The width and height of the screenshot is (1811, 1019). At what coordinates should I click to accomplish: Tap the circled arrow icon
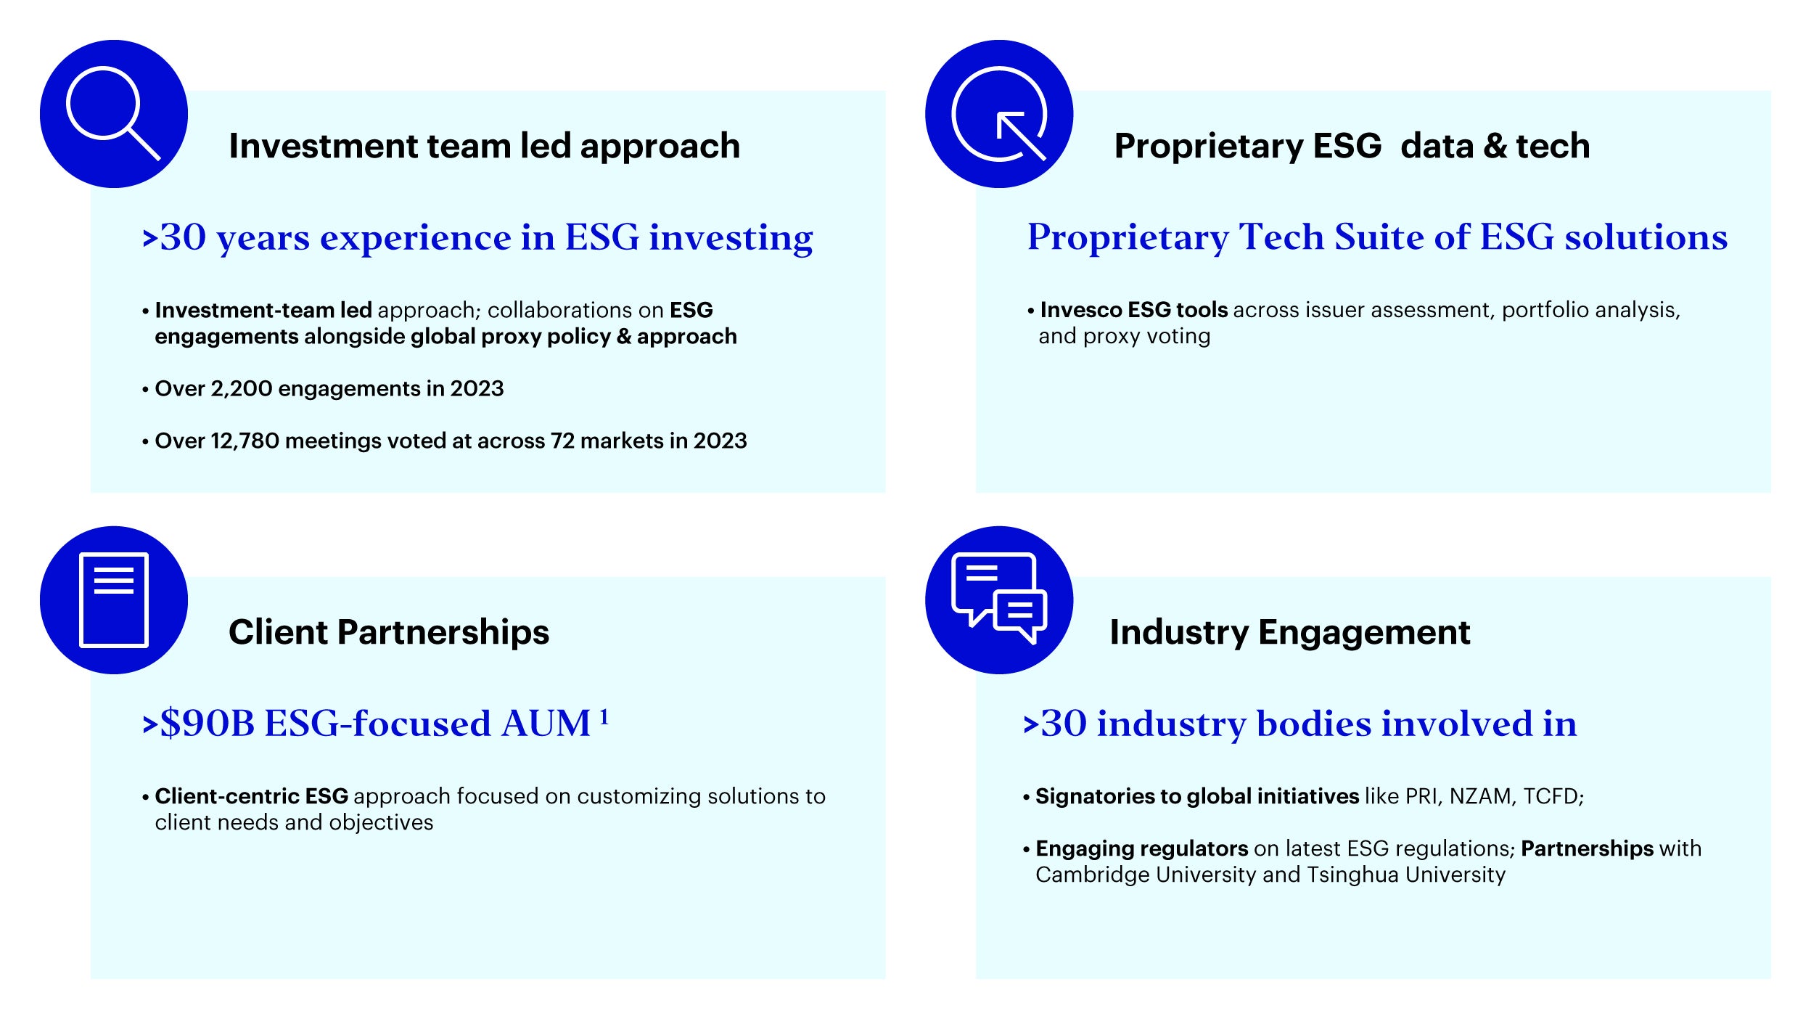pos(999,114)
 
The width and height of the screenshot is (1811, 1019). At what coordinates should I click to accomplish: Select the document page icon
pos(114,600)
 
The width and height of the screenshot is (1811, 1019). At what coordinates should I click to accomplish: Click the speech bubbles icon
pos(999,598)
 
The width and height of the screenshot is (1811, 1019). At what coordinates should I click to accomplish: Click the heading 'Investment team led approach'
pos(484,147)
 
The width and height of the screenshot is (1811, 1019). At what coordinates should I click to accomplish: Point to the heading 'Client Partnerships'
pos(389,633)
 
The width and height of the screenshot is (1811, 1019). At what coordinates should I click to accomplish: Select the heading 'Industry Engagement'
pos(1289,633)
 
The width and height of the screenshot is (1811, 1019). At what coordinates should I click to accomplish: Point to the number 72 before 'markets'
pos(562,441)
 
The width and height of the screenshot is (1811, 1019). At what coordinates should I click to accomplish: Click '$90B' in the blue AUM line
pos(208,724)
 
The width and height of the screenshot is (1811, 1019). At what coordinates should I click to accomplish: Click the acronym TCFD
pos(1553,797)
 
